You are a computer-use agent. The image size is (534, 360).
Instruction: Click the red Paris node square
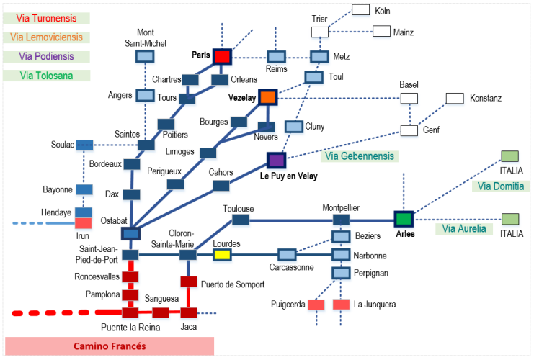point(221,56)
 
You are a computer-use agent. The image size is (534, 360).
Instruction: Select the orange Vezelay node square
point(269,97)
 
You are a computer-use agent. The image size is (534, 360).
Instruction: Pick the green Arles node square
point(403,218)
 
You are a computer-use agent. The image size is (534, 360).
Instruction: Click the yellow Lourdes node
point(221,254)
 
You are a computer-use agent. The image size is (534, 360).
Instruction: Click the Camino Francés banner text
point(110,346)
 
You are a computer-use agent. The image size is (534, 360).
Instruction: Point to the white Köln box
point(360,10)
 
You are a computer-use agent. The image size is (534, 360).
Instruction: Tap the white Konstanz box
point(455,98)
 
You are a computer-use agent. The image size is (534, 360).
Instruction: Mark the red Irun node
point(84,223)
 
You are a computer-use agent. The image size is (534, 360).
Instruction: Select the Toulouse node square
point(241,220)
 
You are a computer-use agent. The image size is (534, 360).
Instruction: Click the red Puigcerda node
point(316,305)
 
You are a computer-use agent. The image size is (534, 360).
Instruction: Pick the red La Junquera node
point(341,305)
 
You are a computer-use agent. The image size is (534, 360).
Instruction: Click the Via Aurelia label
point(461,229)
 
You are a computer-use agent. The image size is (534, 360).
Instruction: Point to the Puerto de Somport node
point(188,282)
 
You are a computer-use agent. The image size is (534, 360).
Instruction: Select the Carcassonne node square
point(287,254)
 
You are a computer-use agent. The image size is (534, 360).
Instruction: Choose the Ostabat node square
point(130,233)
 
